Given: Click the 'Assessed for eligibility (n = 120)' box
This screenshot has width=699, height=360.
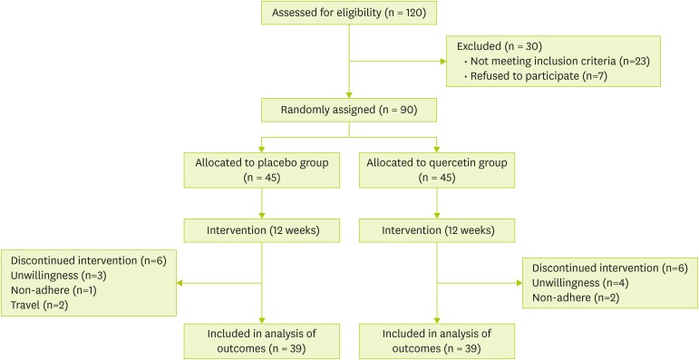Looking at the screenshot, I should [349, 15].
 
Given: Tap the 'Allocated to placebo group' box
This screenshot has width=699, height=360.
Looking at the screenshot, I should [261, 170].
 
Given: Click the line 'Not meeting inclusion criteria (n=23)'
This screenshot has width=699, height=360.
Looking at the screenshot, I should [543, 60].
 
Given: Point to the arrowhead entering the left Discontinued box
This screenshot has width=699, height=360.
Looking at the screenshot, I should [181, 282].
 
